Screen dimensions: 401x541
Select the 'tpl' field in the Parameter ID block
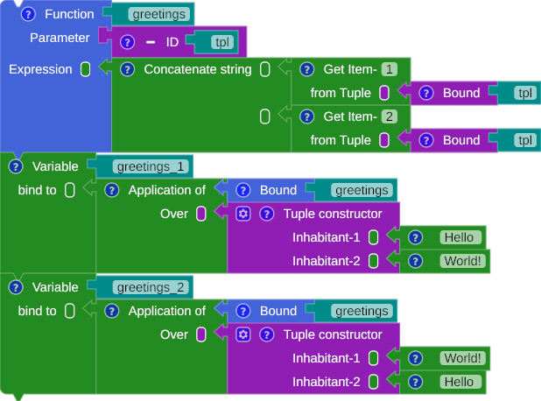(223, 41)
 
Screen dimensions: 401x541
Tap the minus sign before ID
(150, 41)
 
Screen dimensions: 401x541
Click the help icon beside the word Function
(28, 14)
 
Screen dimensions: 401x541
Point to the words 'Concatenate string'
(197, 69)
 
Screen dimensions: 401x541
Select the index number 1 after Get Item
(390, 69)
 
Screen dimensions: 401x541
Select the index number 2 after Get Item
(390, 116)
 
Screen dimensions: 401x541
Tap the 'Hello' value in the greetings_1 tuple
(458, 237)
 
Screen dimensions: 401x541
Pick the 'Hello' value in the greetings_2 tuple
(458, 382)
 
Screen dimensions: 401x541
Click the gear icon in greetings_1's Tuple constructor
(243, 214)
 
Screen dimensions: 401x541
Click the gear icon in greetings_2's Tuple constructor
(243, 334)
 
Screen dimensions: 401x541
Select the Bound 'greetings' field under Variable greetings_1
(362, 190)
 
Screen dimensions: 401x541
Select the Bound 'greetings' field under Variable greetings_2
(362, 311)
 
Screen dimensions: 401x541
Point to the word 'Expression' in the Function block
(40, 69)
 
